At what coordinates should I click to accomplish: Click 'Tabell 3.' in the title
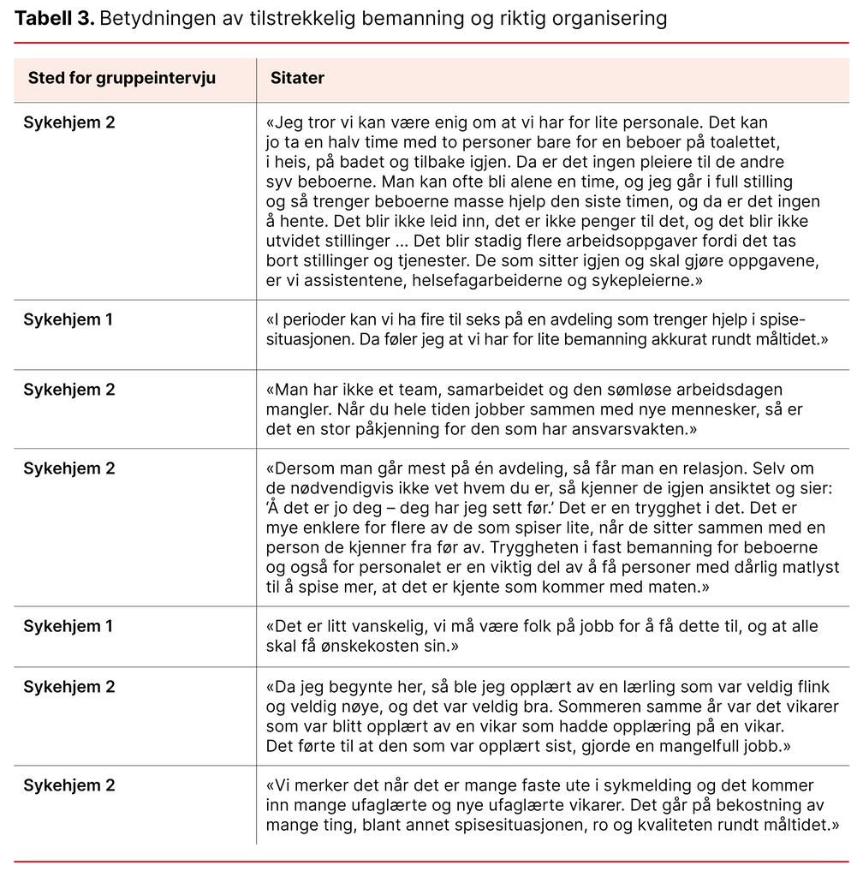pos(53,18)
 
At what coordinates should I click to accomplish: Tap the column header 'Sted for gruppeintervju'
pos(122,79)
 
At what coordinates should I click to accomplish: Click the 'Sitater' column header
pos(297,79)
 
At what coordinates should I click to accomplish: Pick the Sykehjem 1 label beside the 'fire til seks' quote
pos(68,320)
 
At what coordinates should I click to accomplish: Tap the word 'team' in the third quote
pos(414,391)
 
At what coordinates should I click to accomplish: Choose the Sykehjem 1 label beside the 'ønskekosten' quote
pos(68,627)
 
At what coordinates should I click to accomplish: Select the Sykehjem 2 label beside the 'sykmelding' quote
pos(68,786)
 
